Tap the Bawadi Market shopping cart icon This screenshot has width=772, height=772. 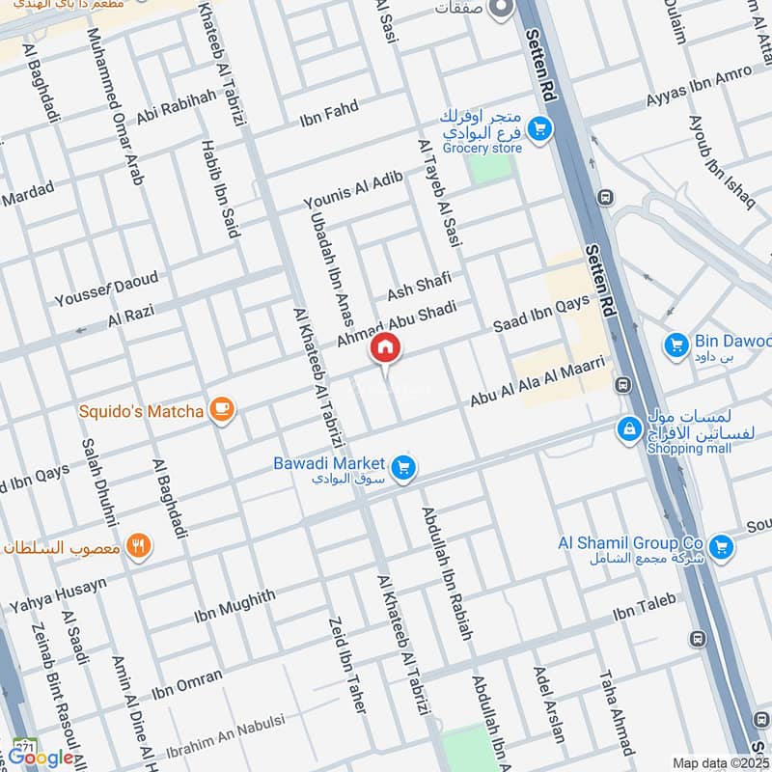click(403, 467)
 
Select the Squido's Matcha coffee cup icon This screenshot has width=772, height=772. click(222, 411)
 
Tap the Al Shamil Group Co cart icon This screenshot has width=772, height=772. click(719, 548)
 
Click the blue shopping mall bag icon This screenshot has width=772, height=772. click(629, 427)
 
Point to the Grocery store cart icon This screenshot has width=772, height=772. click(538, 127)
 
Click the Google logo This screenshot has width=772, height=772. click(41, 758)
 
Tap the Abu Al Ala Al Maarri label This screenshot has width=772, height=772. click(537, 381)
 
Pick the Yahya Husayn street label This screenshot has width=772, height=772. click(58, 592)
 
